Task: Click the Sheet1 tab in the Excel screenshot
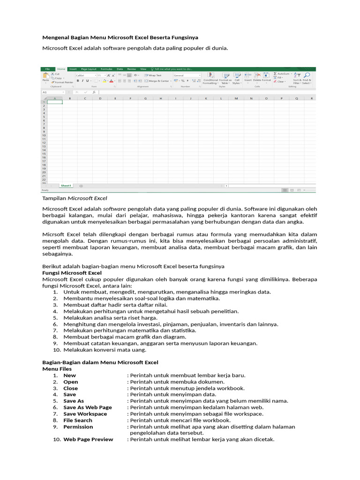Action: pyautogui.click(x=66, y=186)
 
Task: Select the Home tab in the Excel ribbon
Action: pyautogui.click(x=61, y=69)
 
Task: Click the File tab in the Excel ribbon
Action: pyautogui.click(x=48, y=69)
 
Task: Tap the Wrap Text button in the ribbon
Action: pyautogui.click(x=153, y=75)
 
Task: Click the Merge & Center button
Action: pyautogui.click(x=157, y=81)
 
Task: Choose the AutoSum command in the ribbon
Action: pyautogui.click(x=282, y=74)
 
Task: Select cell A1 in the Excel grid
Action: pyautogui.click(x=54, y=102)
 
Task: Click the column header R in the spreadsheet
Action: pyautogui.click(x=311, y=98)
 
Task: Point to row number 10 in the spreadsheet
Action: pyautogui.click(x=44, y=135)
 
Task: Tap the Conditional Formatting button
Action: pyautogui.click(x=210, y=78)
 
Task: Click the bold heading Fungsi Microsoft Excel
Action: pyautogui.click(x=72, y=273)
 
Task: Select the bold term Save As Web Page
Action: pyautogui.click(x=87, y=407)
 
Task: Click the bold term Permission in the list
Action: pyautogui.click(x=78, y=427)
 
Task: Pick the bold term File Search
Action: pyautogui.click(x=78, y=420)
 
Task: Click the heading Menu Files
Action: pyautogui.click(x=57, y=369)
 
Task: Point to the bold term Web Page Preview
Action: pyautogui.click(x=88, y=439)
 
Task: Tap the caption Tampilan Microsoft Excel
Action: pyautogui.click(x=75, y=198)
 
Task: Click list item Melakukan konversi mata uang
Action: pyautogui.click(x=105, y=350)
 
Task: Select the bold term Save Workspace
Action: pyautogui.click(x=85, y=414)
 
